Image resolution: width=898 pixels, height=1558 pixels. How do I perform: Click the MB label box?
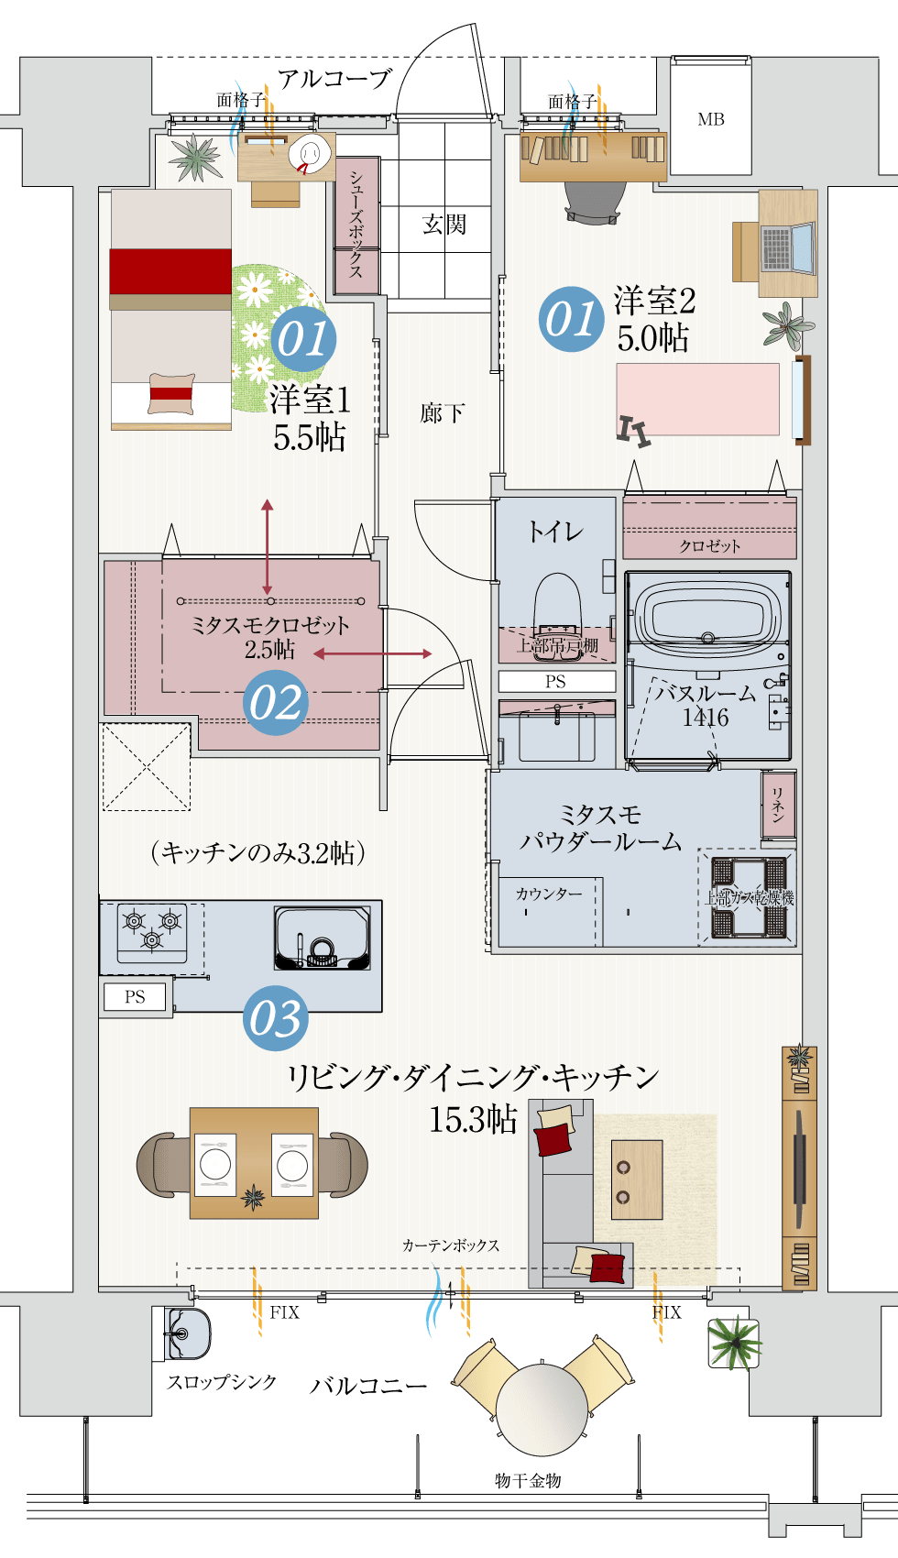(710, 119)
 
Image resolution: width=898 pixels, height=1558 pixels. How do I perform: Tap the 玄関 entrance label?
(444, 225)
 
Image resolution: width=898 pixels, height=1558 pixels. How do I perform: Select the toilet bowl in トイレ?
(558, 605)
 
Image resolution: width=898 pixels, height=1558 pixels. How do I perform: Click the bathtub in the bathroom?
(707, 616)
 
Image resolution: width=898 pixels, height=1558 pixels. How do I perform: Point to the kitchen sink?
(322, 938)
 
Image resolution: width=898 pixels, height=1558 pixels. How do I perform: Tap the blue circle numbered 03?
(276, 1019)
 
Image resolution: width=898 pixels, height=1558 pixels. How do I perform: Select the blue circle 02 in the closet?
(276, 703)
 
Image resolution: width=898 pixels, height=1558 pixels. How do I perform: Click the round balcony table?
(542, 1409)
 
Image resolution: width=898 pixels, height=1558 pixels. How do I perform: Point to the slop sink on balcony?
(187, 1334)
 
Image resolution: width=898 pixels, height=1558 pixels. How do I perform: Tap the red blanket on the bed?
(170, 271)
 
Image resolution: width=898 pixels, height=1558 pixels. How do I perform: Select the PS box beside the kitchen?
(135, 997)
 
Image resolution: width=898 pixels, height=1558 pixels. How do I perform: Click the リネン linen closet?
(777, 805)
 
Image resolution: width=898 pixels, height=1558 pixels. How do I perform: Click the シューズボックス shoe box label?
(356, 225)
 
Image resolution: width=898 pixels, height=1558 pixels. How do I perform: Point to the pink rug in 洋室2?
(697, 399)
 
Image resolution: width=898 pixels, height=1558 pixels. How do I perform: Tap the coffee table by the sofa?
(636, 1179)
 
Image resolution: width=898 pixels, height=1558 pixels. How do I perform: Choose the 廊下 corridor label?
(442, 413)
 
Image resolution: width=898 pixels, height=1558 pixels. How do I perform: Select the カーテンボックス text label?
(451, 1245)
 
